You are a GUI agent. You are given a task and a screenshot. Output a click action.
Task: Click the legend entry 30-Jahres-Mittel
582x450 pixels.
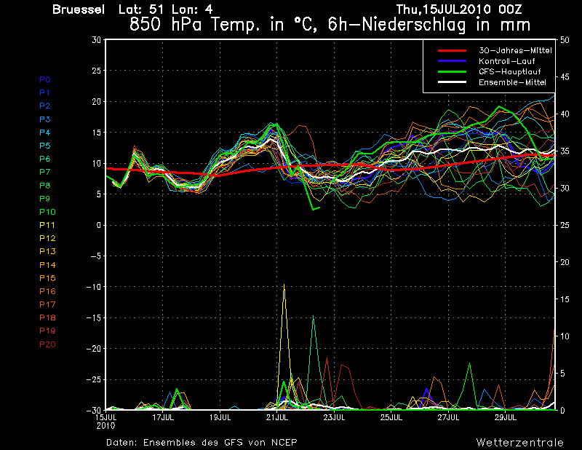(514, 50)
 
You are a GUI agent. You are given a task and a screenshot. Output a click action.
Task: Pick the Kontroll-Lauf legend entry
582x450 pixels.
(506, 61)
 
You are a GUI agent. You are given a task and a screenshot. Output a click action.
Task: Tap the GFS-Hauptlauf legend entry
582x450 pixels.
(508, 71)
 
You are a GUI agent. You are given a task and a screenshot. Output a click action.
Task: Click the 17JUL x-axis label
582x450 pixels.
(163, 418)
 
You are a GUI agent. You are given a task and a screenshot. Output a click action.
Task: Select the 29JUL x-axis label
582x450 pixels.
(506, 418)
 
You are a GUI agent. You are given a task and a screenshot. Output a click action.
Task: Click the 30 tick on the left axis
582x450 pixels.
(97, 40)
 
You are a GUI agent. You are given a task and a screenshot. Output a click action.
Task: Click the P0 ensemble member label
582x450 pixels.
(45, 79)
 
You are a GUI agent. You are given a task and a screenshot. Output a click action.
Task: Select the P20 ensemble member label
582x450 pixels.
(47, 344)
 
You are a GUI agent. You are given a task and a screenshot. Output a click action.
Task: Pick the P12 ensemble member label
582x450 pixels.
(47, 238)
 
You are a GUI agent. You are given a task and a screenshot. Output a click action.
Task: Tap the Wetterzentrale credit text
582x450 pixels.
(520, 442)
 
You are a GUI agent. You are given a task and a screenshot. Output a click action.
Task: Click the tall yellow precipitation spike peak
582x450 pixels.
(284, 285)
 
